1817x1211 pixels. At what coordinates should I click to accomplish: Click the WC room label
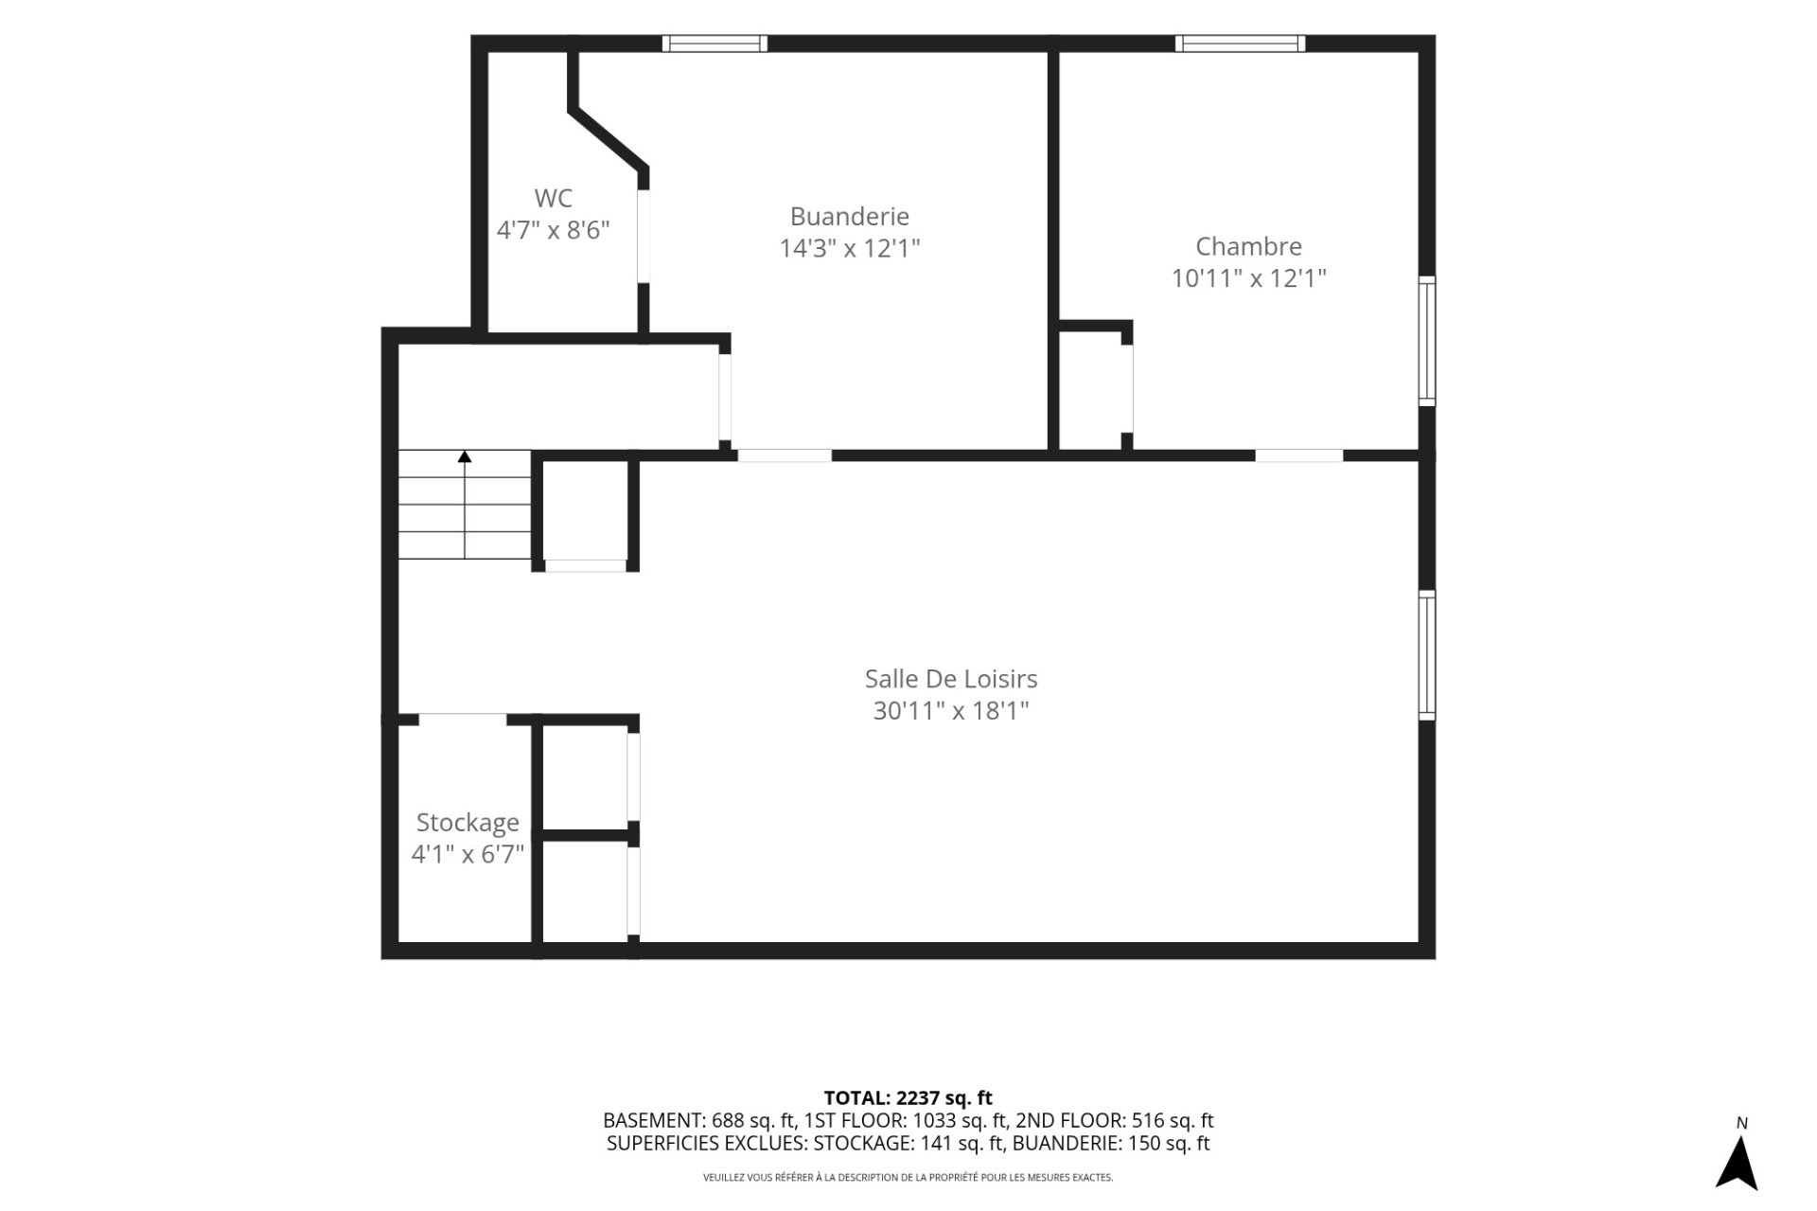point(554,199)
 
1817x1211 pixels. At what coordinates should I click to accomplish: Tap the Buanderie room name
point(850,217)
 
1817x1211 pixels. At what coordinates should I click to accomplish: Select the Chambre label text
point(1249,247)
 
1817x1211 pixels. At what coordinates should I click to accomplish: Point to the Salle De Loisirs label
point(951,679)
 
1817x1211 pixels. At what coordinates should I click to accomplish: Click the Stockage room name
point(467,823)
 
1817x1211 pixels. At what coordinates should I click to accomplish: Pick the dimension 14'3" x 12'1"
point(850,249)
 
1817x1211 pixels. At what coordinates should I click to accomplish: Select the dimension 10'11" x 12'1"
point(1249,278)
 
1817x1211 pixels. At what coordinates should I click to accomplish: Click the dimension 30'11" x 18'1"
point(951,711)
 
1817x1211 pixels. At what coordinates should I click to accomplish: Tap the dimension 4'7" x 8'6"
point(554,230)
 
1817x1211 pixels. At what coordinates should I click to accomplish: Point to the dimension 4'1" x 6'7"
point(467,855)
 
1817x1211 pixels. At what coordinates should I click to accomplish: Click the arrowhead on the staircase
point(465,456)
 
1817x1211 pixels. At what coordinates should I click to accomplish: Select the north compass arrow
point(1737,1163)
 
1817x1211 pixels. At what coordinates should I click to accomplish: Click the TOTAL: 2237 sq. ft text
point(908,1098)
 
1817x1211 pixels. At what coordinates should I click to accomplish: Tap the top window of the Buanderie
point(714,44)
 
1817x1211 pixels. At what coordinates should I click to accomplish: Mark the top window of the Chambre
point(1241,44)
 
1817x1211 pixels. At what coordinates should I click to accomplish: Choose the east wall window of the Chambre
point(1427,341)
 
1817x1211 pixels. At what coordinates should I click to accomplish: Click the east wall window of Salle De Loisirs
point(1427,654)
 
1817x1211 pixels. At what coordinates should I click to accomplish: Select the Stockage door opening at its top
point(463,720)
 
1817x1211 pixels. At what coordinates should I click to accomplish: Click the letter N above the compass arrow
point(1742,1124)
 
